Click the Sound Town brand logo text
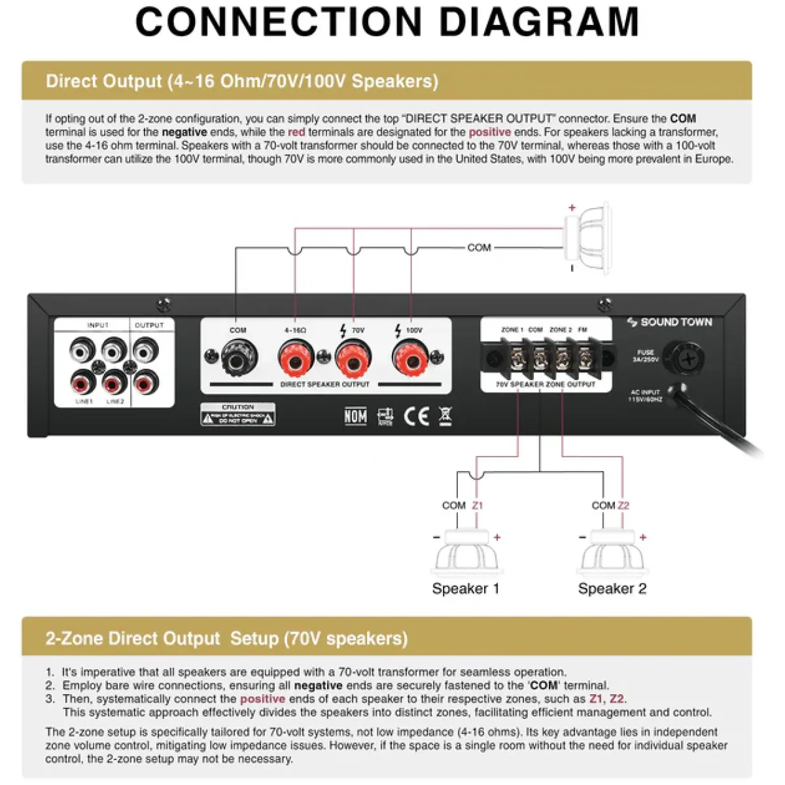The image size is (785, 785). tap(669, 322)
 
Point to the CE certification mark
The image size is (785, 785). tap(416, 416)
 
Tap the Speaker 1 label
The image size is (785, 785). tap(465, 589)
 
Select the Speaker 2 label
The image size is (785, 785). tap(612, 589)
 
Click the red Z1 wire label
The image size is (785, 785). tap(478, 506)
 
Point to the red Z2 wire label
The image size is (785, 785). tap(623, 506)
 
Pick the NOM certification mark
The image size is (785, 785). tap(356, 416)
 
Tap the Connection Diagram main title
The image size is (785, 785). tap(387, 22)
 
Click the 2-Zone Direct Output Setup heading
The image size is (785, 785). tap(226, 638)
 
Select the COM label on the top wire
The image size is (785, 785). tap(479, 248)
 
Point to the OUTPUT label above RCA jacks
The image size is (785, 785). tap(149, 325)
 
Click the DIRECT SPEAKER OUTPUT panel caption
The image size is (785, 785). tap(325, 385)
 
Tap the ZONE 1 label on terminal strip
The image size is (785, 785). tap(512, 330)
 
